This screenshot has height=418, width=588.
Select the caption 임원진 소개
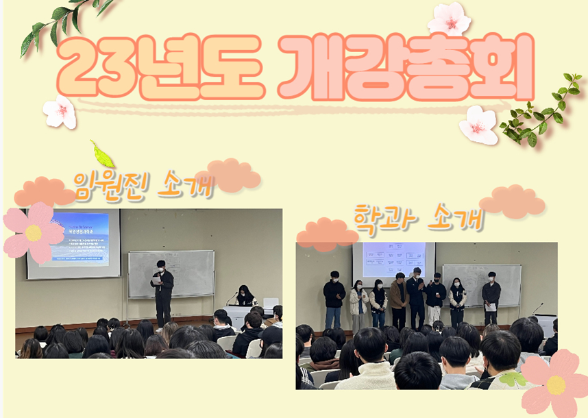coord(143,185)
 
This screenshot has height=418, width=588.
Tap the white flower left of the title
coord(60,112)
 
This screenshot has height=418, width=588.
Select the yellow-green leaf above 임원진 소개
coord(102,155)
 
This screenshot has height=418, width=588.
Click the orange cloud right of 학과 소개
coord(512,202)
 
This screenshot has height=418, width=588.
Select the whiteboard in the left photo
coord(171,273)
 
